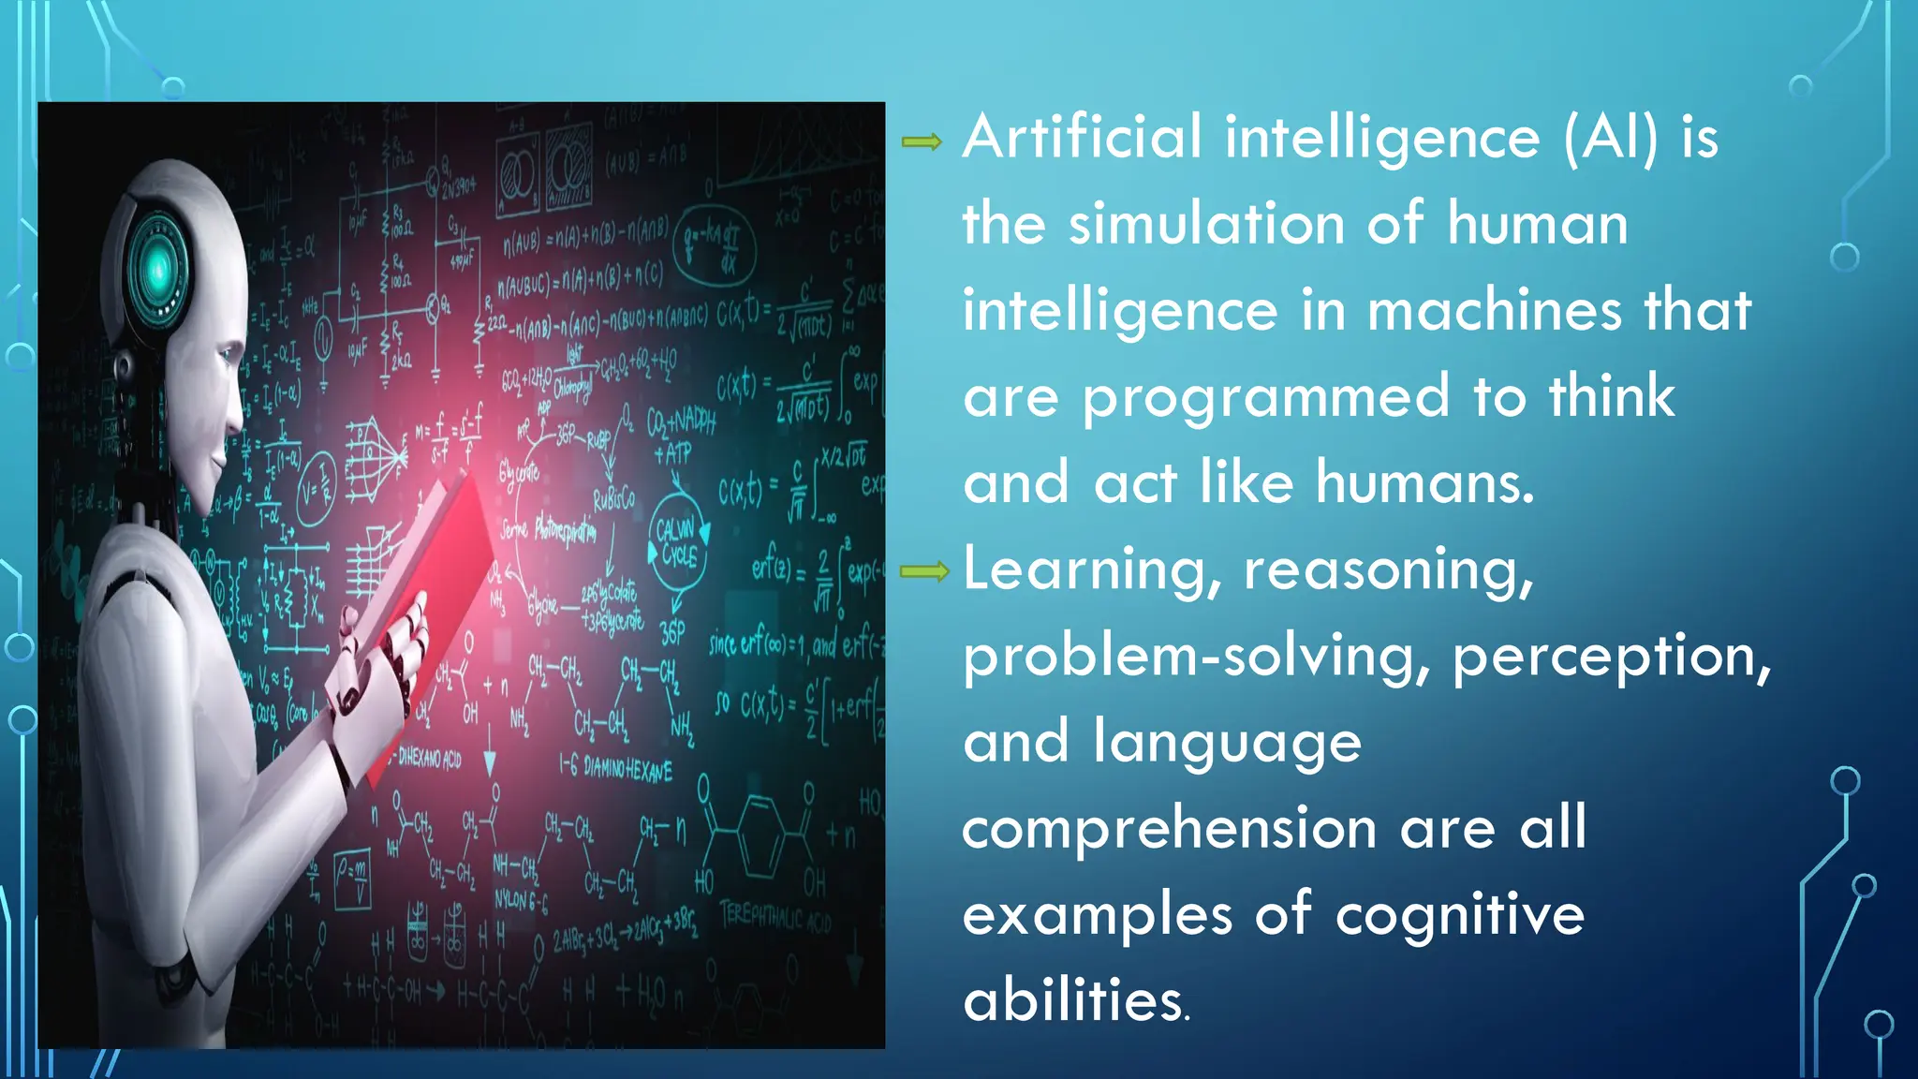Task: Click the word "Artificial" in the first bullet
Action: point(1082,138)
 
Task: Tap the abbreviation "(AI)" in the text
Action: point(1610,138)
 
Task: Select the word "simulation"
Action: point(1207,225)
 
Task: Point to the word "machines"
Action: point(1494,311)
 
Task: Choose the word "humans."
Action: point(1424,483)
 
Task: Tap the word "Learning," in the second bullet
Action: point(1092,570)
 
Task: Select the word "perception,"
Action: point(1611,658)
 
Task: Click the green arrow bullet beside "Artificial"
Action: point(922,142)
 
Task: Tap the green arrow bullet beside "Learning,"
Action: point(923,571)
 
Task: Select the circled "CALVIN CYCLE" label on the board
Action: point(676,543)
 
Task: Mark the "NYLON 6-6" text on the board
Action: point(521,901)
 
